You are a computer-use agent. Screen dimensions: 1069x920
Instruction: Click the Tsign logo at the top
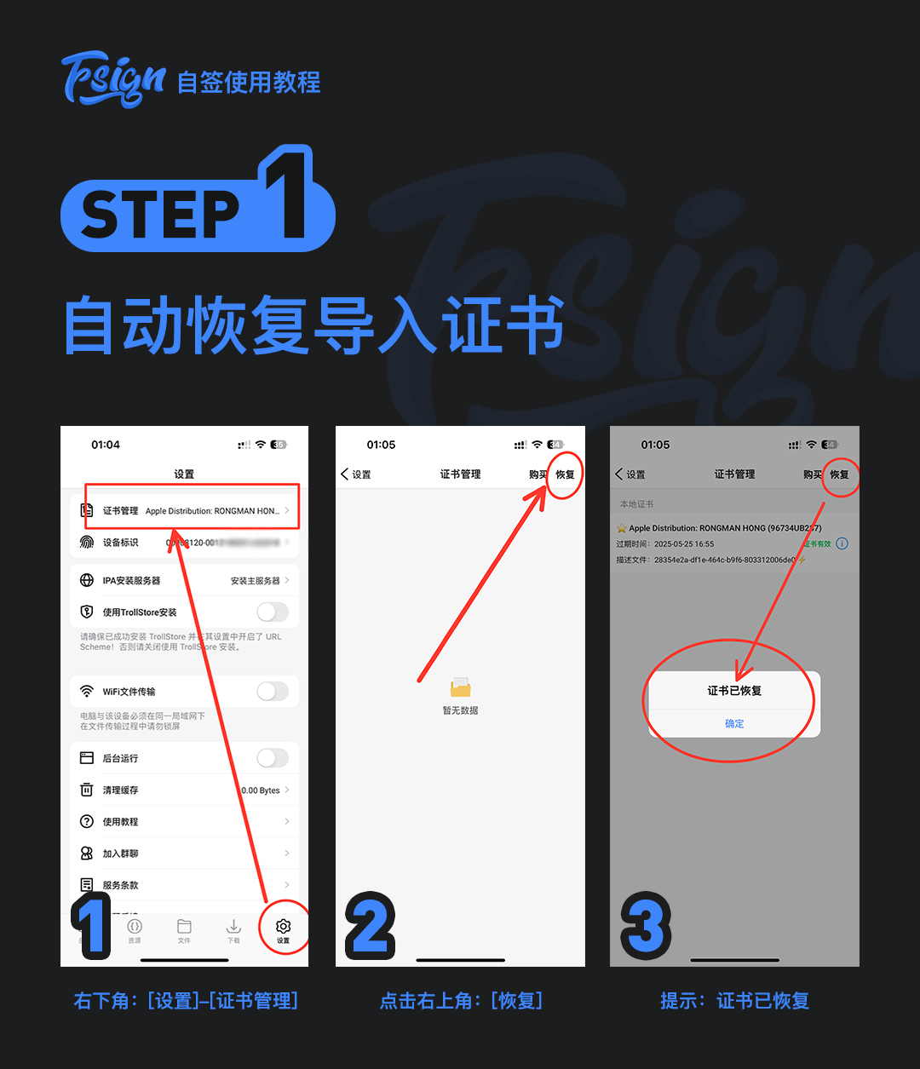(113, 80)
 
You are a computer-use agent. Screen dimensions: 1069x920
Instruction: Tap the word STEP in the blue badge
(160, 214)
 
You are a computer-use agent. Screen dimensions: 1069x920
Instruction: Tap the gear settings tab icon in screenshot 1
(284, 927)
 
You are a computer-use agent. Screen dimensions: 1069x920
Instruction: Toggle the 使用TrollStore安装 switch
(273, 612)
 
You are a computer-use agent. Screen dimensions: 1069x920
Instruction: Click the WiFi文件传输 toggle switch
(273, 691)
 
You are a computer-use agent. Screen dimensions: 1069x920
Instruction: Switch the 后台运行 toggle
(273, 757)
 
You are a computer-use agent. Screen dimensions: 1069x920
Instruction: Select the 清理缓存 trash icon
(87, 790)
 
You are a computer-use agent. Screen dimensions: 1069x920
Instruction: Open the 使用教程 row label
(120, 822)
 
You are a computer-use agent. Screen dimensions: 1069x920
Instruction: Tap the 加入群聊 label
(120, 853)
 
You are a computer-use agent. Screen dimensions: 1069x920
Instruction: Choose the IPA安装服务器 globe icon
(87, 580)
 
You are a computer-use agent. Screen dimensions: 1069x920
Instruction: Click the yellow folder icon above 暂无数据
(460, 687)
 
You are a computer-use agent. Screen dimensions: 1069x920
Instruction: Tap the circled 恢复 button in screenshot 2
(565, 474)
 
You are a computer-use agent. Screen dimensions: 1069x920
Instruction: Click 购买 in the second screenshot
(538, 474)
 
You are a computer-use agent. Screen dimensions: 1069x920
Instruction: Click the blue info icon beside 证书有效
(842, 543)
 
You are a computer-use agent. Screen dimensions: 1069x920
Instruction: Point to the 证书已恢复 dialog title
(734, 691)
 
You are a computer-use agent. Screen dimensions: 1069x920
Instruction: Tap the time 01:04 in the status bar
(106, 445)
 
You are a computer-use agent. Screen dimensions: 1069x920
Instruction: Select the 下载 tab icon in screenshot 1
(233, 927)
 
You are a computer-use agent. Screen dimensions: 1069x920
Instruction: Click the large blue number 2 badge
(370, 925)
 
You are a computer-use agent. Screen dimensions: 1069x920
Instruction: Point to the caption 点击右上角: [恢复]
(460, 1001)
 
